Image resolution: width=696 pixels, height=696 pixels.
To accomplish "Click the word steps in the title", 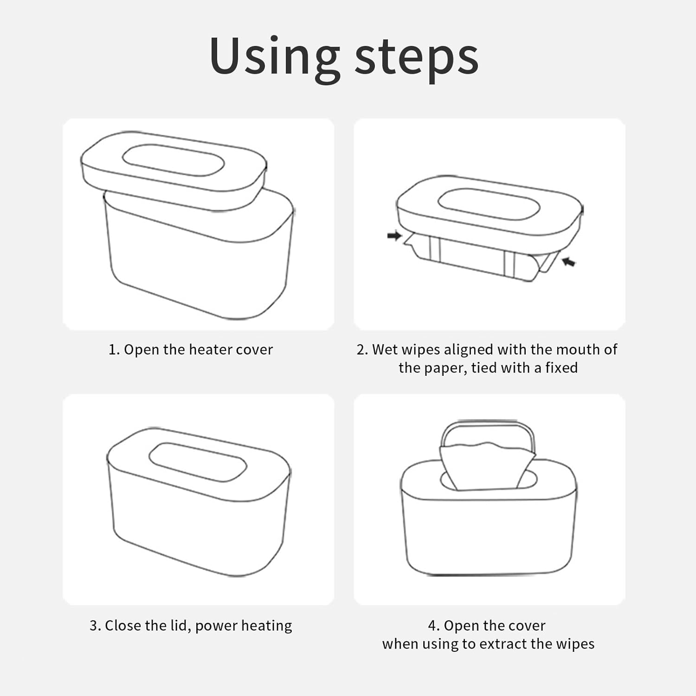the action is pos(416,58).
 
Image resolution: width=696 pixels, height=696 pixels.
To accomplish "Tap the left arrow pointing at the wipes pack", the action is pos(394,236).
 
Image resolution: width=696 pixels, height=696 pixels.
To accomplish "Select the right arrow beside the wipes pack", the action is pos(568,262).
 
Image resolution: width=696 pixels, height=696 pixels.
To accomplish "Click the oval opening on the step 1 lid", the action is pos(173,161).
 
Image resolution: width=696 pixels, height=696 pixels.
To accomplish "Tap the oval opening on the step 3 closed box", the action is pos(198,462).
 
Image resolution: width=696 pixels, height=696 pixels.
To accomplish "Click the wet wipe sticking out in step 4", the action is pos(486,466).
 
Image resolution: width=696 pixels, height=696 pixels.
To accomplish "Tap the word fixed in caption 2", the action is pos(561,367).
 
